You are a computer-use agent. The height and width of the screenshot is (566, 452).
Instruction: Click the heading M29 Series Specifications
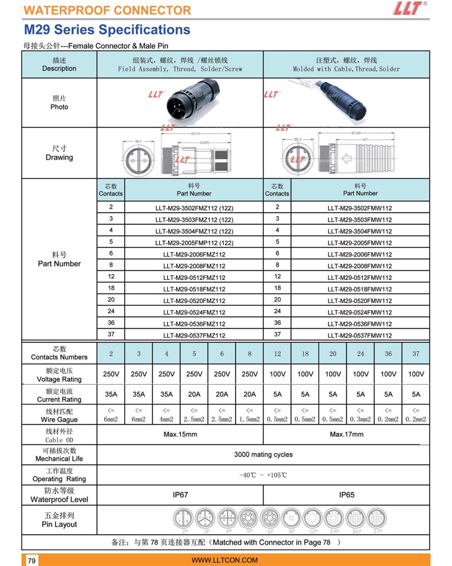107,30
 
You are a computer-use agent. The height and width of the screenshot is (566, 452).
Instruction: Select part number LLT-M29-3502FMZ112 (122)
194,208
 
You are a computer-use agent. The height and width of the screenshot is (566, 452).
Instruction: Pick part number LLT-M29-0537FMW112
360,335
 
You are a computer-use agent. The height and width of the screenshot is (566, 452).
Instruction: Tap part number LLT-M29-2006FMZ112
194,255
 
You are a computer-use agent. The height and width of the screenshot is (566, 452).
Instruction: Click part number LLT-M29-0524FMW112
360,313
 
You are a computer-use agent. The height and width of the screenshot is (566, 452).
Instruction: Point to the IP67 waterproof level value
180,495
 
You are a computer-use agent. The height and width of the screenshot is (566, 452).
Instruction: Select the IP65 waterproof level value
347,495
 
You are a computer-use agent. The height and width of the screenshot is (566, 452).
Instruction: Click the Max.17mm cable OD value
347,434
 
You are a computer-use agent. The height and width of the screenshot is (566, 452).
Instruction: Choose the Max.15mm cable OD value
180,434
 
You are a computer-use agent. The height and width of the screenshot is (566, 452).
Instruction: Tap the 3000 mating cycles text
263,455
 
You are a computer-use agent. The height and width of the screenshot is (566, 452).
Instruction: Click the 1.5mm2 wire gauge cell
250,415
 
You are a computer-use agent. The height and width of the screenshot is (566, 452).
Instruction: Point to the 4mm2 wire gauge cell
166,415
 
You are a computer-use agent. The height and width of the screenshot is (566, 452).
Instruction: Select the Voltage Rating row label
59,375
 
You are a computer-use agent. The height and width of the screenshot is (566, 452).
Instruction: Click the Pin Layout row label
59,520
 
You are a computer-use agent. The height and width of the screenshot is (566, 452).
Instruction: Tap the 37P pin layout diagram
378,519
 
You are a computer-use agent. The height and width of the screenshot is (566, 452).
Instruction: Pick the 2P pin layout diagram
184,519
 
